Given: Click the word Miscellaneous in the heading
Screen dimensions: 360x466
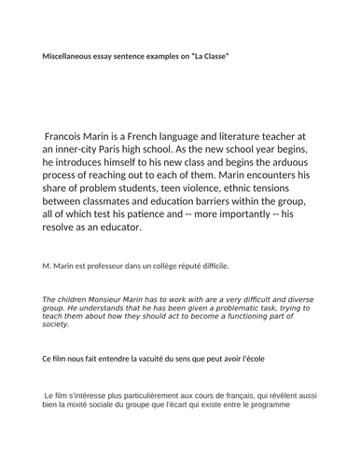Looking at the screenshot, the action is [72, 57].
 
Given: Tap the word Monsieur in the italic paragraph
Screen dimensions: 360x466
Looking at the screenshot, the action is [107, 298].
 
